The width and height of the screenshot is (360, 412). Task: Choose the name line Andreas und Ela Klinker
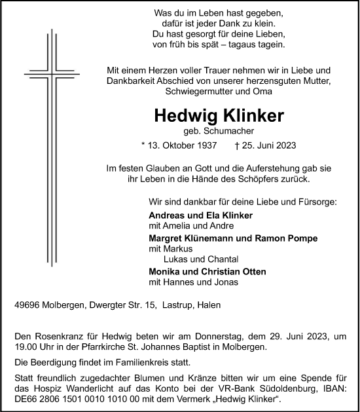click(x=202, y=215)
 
